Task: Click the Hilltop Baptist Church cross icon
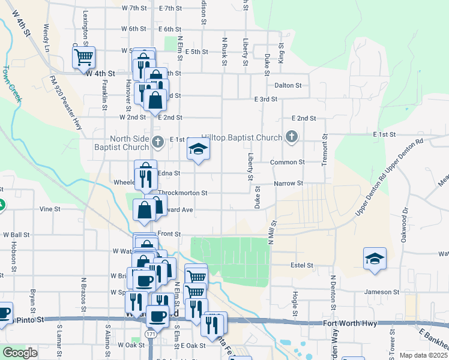292,137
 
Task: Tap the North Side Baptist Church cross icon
157,142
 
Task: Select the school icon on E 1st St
197,149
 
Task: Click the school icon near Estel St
375,259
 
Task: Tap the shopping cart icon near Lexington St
83,58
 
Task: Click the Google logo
20,353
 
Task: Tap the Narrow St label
289,183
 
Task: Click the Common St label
288,162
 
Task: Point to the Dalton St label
288,85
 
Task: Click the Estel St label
302,265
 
